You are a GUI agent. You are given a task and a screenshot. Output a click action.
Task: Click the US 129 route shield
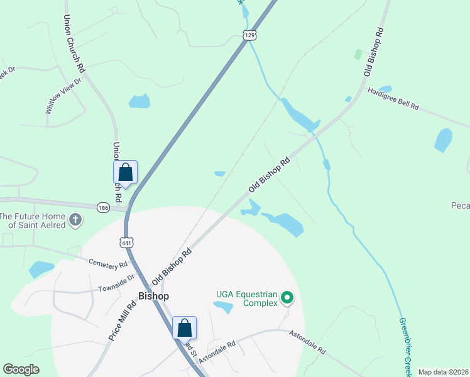(250, 36)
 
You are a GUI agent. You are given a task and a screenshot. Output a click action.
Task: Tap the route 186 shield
(104, 207)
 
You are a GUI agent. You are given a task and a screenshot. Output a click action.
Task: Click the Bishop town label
(153, 295)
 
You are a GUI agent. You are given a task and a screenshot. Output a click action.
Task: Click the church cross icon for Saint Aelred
(75, 220)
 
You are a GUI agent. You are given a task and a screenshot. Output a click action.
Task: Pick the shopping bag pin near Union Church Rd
(125, 172)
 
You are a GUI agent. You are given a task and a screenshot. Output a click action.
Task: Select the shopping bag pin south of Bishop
(184, 328)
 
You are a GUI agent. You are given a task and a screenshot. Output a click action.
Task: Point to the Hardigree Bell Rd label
(393, 99)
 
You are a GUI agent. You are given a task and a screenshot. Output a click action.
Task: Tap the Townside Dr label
(116, 282)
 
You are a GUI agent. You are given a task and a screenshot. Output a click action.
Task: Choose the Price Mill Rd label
(123, 320)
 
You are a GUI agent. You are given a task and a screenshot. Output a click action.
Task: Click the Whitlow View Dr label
(63, 95)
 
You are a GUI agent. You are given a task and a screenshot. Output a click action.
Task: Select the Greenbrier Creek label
(405, 347)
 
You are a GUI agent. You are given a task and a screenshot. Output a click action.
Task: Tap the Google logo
(21, 369)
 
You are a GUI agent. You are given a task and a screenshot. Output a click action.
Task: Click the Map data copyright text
(443, 372)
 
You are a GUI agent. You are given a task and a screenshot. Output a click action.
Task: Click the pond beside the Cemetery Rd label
(41, 269)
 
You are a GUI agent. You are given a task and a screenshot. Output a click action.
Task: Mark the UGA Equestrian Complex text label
(246, 298)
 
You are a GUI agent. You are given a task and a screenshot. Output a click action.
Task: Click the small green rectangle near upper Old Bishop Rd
(358, 55)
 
